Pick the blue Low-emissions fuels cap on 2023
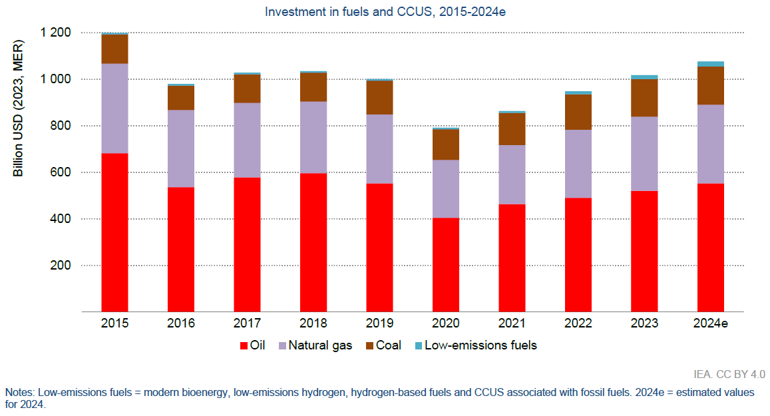click(x=644, y=77)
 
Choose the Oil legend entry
click(x=252, y=345)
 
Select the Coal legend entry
click(x=382, y=345)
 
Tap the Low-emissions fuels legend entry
click(x=474, y=345)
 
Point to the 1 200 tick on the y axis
click(x=56, y=33)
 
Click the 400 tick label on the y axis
click(x=62, y=219)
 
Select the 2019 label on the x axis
click(x=379, y=323)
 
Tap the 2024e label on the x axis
click(x=710, y=323)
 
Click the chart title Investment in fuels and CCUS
click(x=385, y=12)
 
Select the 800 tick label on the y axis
click(x=62, y=126)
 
